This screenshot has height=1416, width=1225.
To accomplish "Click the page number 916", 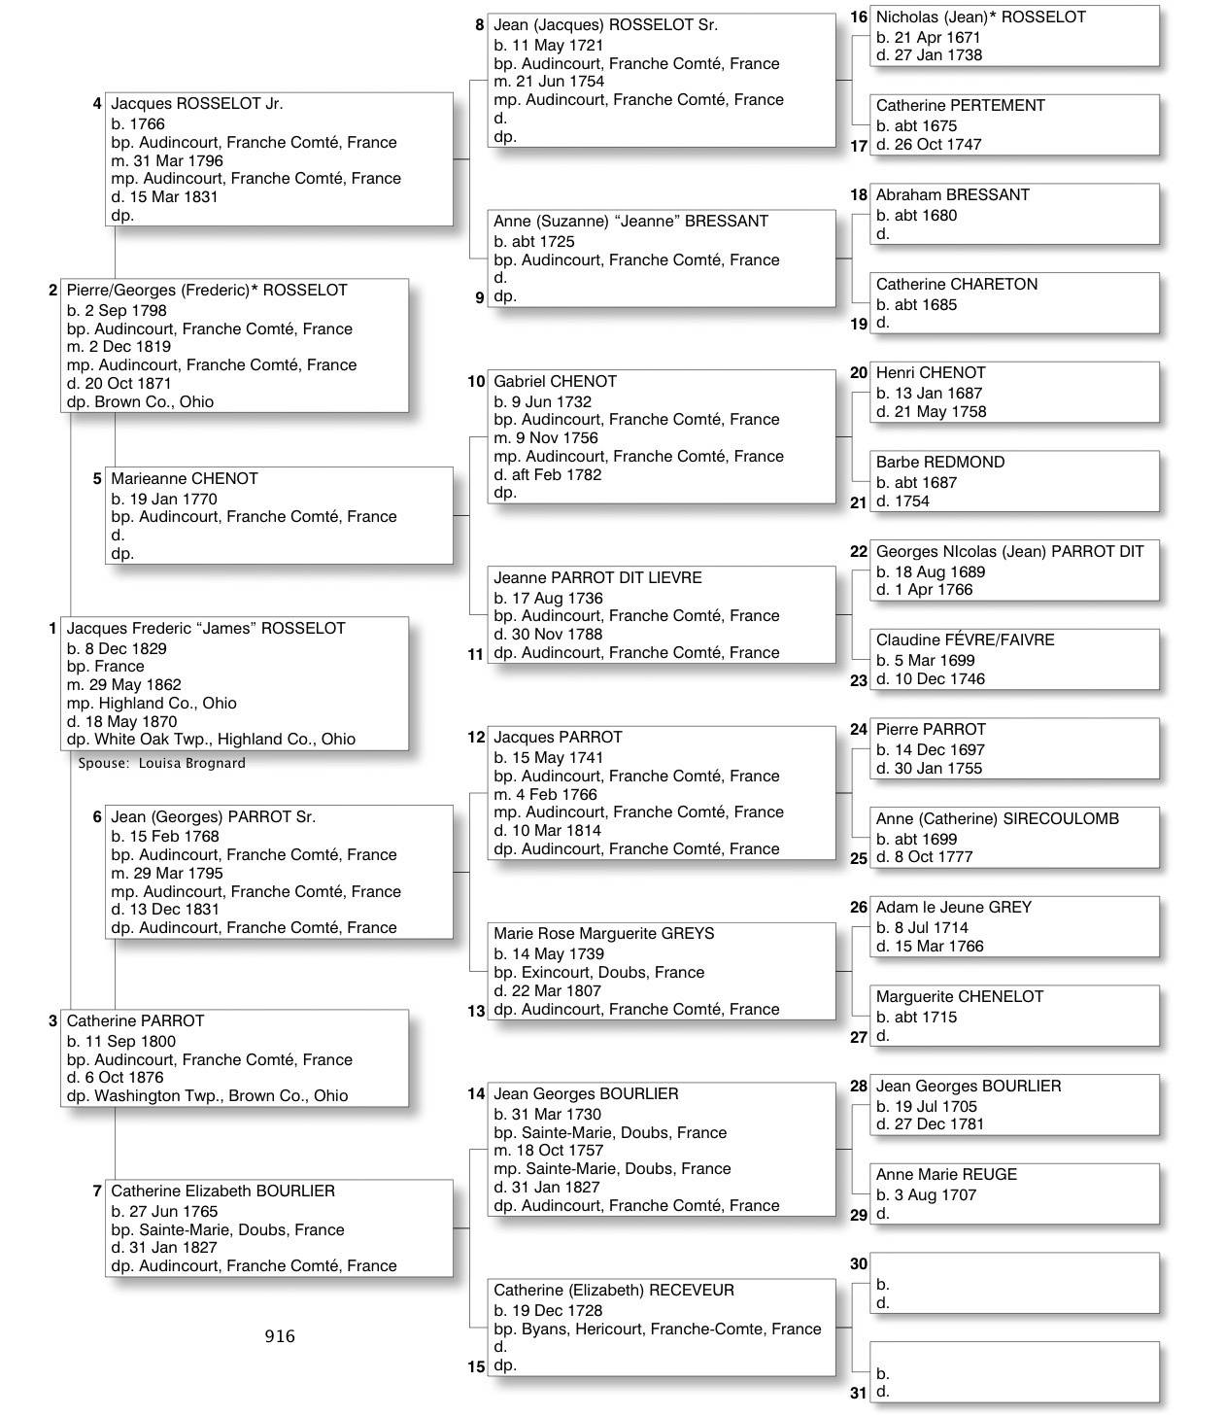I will click(x=280, y=1336).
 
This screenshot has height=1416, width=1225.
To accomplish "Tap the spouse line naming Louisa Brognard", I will click(x=162, y=763).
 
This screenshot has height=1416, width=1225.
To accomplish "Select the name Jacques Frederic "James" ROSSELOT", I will click(x=206, y=629).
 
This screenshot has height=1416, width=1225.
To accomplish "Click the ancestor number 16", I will click(x=859, y=17).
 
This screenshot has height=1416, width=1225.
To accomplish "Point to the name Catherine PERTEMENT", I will click(x=961, y=106).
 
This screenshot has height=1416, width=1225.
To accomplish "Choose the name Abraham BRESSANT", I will click(x=953, y=195).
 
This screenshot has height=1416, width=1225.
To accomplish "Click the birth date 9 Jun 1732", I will click(x=552, y=401).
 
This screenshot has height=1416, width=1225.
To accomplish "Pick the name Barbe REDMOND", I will click(x=940, y=463).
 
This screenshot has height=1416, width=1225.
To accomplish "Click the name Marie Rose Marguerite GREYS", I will click(x=604, y=934).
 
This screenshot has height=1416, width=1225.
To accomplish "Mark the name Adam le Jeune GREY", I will click(x=954, y=908).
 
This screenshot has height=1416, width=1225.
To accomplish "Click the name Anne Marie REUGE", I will click(x=947, y=1175).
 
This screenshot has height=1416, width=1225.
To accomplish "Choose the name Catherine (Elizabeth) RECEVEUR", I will click(x=614, y=1291).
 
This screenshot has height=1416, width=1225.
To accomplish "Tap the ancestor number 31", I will click(x=859, y=1393).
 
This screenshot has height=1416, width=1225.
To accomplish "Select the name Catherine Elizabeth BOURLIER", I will click(x=223, y=1192).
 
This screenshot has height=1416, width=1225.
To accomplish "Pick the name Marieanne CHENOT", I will click(x=185, y=479).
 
